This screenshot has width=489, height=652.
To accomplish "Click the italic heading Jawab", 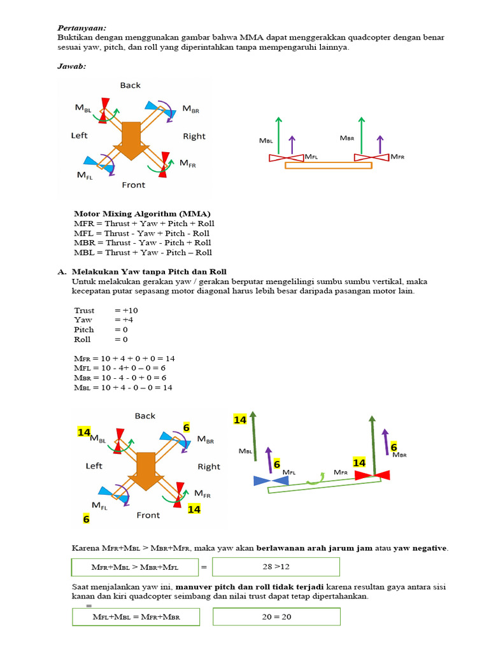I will coord(71,66).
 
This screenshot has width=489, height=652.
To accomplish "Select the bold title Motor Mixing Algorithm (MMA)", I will coord(142,214).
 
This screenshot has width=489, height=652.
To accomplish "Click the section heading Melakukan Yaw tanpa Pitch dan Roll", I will coord(149,272).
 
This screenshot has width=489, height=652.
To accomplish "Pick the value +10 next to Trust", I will coord(126,310).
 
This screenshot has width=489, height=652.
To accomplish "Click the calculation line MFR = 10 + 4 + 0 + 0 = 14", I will coord(124,358).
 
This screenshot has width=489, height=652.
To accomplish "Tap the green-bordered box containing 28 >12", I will coord(276,567).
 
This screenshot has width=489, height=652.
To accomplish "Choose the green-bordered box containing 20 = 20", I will coord(276,617).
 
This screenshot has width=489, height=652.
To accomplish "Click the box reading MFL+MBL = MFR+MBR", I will coord(136,617).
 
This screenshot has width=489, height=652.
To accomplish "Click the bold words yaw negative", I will coord(420,548).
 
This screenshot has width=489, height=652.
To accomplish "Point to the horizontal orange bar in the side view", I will coord(329,166).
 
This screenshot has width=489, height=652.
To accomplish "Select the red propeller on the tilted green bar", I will coord(372,475).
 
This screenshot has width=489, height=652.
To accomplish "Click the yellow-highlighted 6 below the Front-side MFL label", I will coord(86,519).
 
